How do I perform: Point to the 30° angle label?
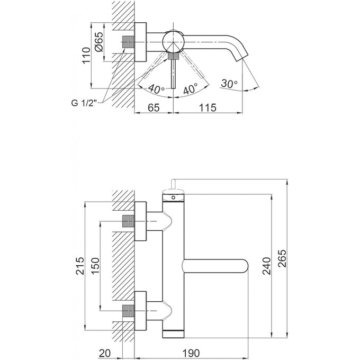229,84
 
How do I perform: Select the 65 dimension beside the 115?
154,108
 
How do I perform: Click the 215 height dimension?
80,265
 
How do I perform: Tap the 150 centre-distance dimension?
96,265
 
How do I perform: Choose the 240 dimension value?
267,265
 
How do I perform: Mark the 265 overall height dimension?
283,258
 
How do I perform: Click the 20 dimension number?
104,353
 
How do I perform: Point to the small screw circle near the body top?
173,197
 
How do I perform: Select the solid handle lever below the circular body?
174,74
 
